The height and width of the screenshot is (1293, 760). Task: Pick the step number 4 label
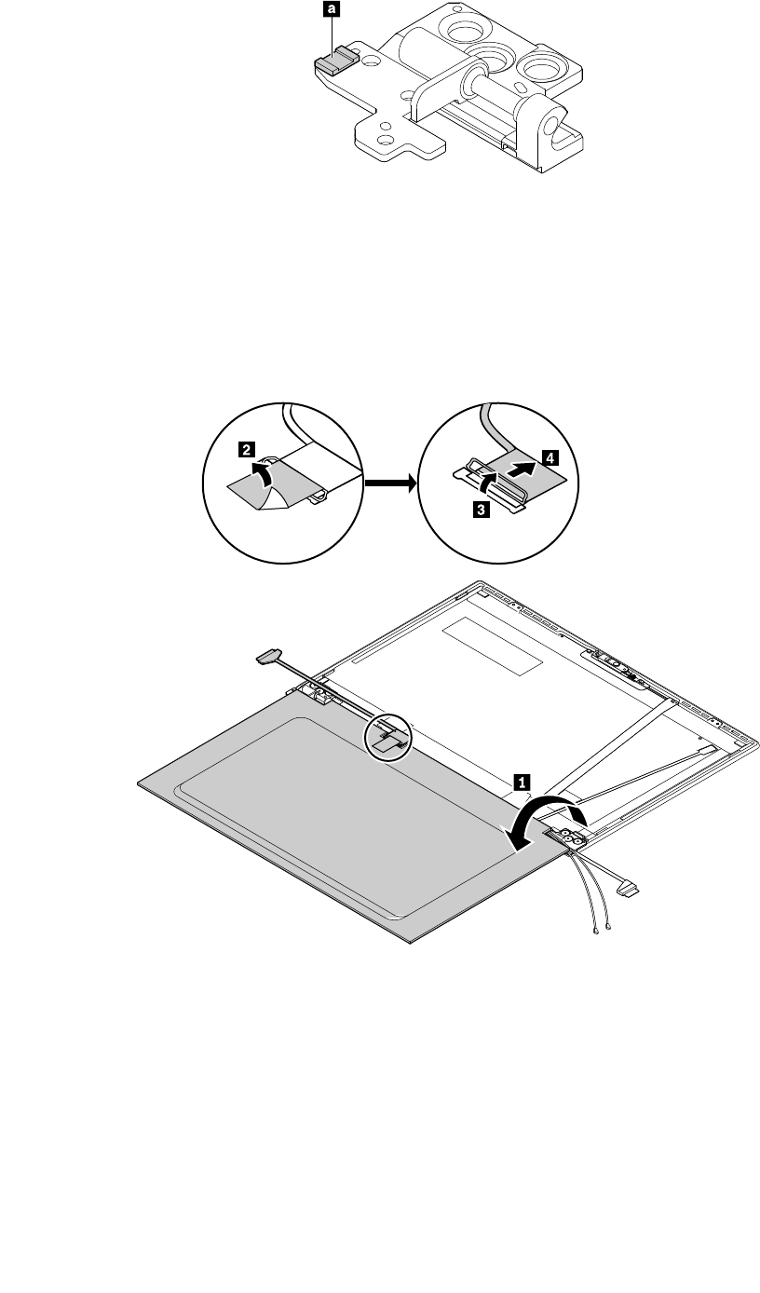(551, 458)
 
